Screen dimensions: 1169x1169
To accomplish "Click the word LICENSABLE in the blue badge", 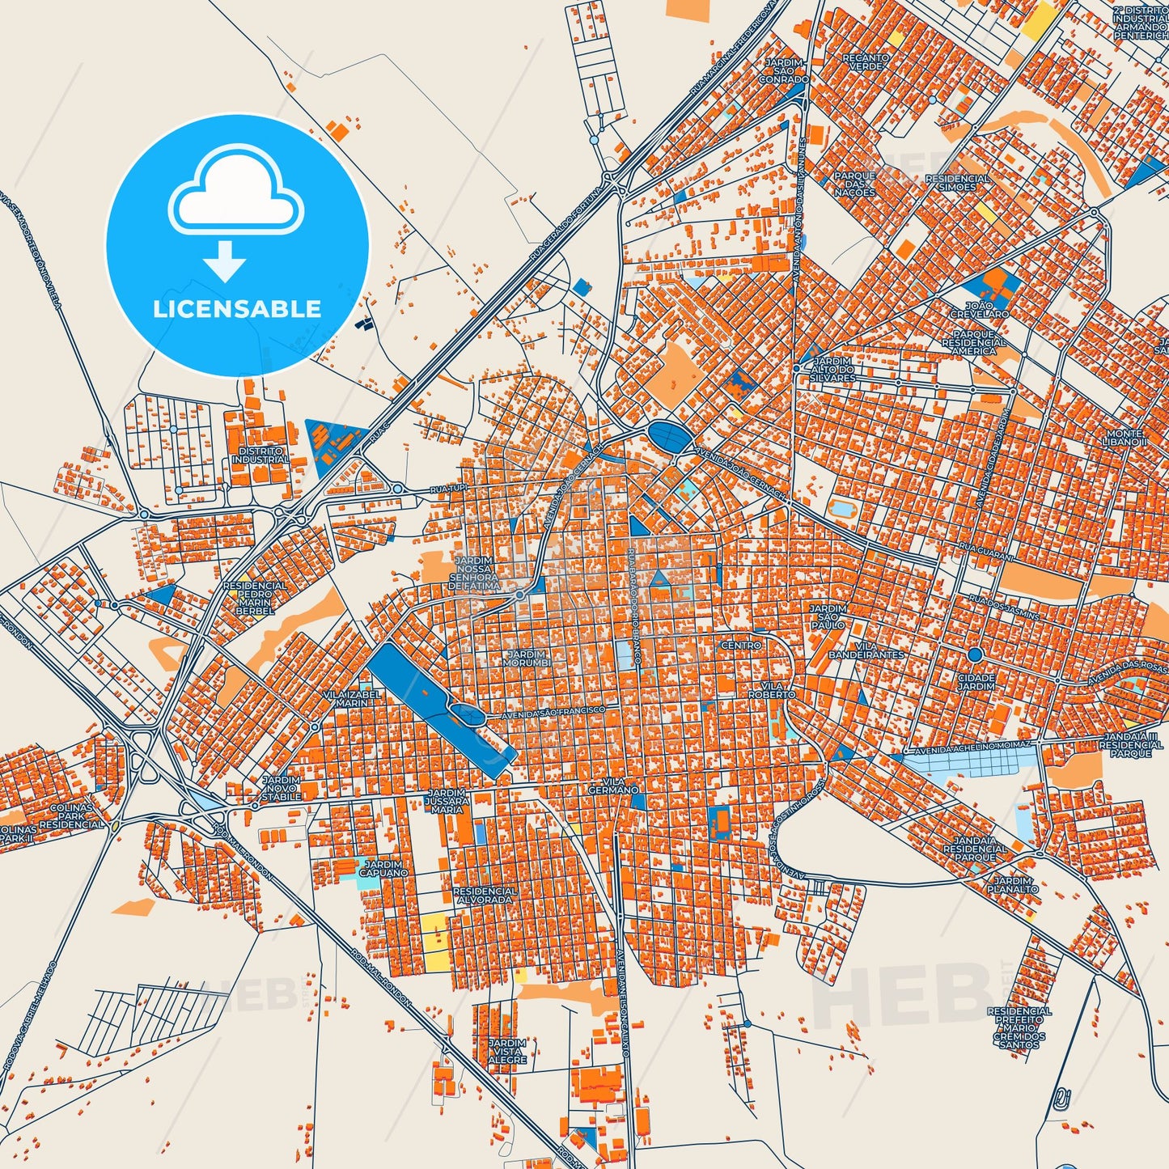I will coord(237,309).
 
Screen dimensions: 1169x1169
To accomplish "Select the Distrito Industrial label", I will coord(260,455).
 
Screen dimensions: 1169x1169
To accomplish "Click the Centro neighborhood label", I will coord(741,645).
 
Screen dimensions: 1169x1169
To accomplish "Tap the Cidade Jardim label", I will coord(976,681).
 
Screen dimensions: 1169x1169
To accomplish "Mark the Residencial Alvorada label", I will coord(485,895).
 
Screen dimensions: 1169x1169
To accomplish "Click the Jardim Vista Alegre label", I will coord(507,1051).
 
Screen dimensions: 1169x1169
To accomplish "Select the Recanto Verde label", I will coord(866,61).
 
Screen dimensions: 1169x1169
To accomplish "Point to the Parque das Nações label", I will coord(855,184).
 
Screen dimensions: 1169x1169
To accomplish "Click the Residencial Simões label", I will coord(957,183).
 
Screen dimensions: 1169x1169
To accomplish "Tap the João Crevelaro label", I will coord(979,309).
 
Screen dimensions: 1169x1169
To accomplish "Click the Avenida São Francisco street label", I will coord(553,713).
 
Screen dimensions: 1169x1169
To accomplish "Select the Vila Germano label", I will coord(613,785).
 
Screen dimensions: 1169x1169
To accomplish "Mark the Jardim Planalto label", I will coord(1012,884).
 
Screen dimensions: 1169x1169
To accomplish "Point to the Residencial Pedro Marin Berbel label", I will coord(254,597).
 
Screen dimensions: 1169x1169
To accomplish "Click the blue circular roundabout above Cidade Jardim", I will coord(975,654).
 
